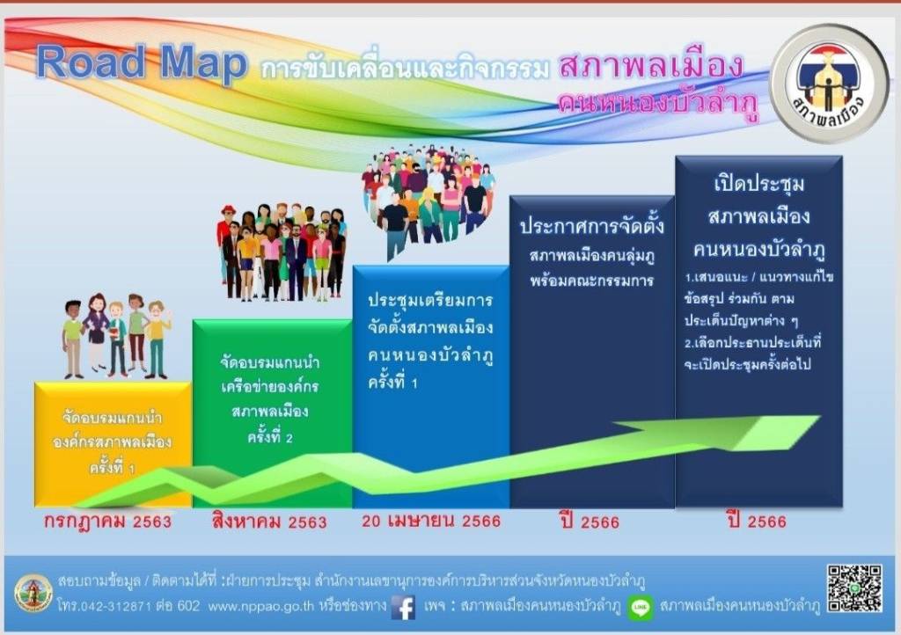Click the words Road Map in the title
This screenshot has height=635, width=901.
(x=142, y=62)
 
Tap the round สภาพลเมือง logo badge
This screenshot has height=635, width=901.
(x=829, y=84)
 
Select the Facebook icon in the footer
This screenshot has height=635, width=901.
(x=403, y=607)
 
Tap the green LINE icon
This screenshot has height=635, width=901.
(x=641, y=608)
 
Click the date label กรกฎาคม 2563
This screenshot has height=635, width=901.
(x=108, y=522)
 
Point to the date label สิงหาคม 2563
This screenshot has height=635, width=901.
(x=269, y=522)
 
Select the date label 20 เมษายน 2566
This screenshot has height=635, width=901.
(x=431, y=521)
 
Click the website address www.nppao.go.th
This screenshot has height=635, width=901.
(x=260, y=606)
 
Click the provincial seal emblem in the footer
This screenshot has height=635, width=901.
(x=33, y=593)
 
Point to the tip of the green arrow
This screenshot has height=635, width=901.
(x=820, y=416)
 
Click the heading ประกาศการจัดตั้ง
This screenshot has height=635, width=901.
(x=592, y=226)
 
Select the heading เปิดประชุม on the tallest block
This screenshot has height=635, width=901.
(x=759, y=184)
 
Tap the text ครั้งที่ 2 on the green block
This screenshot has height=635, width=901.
(x=270, y=437)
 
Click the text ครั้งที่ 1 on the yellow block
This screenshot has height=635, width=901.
(x=112, y=468)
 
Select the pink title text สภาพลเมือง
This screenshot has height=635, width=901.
(x=651, y=65)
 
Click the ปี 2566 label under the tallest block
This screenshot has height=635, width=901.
(x=757, y=522)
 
